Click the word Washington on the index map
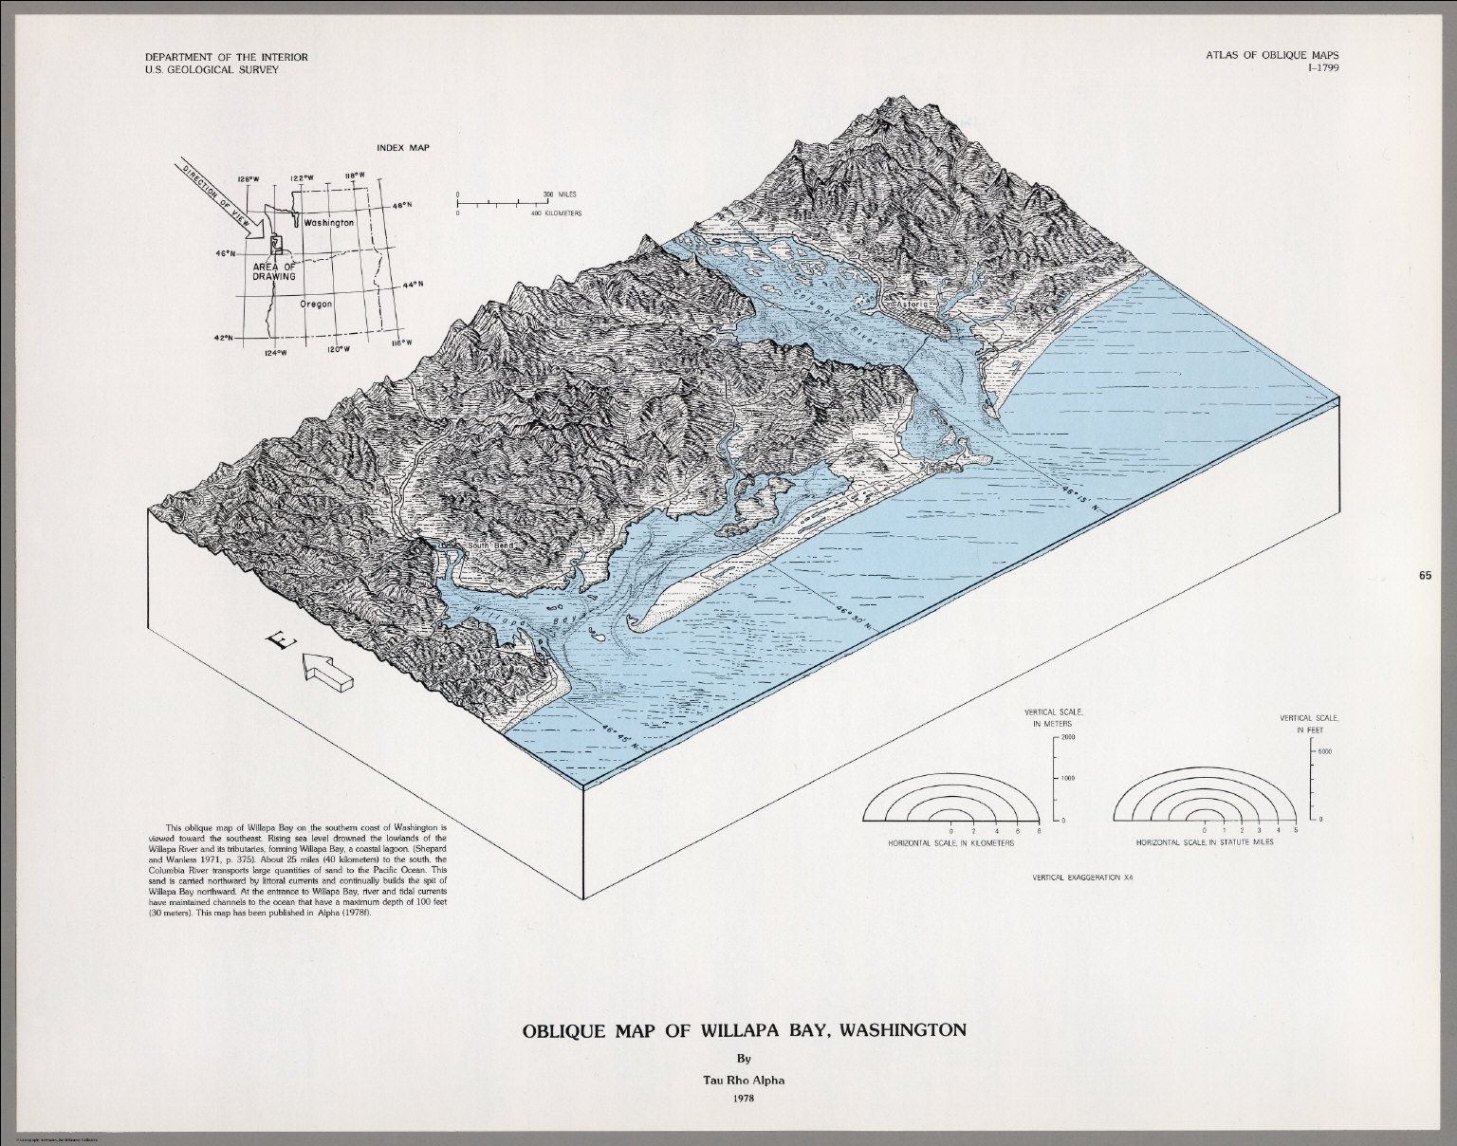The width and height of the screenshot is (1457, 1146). (328, 222)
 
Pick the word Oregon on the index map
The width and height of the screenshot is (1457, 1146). (316, 304)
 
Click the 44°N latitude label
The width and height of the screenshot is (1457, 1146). (415, 285)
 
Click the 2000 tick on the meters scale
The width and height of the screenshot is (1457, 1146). (1066, 736)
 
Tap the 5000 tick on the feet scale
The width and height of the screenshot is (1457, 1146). (1326, 750)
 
